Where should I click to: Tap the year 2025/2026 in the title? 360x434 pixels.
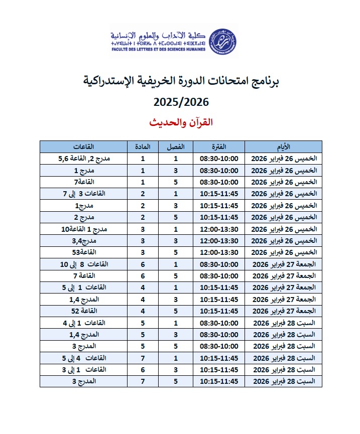click(181, 102)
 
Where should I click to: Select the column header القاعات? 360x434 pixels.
click(84, 147)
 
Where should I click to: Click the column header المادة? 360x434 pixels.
click(143, 147)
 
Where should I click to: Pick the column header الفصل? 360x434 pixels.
click(176, 147)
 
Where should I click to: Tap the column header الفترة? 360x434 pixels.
click(219, 147)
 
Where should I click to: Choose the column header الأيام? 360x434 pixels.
click(283, 147)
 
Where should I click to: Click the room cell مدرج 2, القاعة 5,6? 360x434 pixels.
click(84, 159)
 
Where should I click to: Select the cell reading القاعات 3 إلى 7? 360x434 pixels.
click(84, 194)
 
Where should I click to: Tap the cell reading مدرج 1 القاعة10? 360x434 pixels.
click(84, 229)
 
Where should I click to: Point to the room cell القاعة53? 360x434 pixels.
click(84, 252)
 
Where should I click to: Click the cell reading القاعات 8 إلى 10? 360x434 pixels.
click(84, 264)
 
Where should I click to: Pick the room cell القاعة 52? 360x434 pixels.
click(84, 311)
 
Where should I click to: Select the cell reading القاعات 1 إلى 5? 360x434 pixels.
click(84, 287)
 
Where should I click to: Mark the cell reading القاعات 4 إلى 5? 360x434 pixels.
click(84, 358)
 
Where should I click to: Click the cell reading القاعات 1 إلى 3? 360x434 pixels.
click(84, 370)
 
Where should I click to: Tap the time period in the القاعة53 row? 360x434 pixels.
click(219, 252)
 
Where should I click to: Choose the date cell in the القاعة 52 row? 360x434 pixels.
click(283, 311)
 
